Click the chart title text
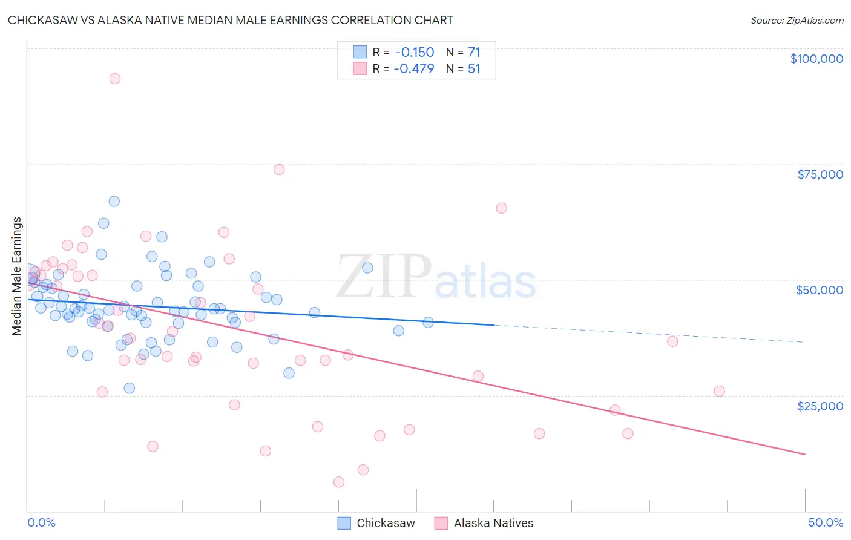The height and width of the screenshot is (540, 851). pos(230,20)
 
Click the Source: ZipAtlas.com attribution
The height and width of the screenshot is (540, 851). pos(797,20)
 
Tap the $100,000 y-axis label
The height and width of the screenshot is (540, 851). pos(816,59)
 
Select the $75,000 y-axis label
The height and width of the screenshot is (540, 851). pos(820,174)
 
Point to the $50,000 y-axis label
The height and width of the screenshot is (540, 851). pos(820,290)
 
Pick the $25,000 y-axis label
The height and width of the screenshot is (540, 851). pos(820,406)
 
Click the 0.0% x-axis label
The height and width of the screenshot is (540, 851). pos(41,522)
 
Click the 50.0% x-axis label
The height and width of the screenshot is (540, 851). pos(826,522)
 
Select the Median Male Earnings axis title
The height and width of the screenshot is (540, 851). pos(16,275)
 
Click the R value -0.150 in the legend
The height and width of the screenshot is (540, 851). pos(414,52)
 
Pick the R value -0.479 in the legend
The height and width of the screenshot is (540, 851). pos(414,68)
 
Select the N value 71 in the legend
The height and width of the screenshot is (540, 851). pos(474,52)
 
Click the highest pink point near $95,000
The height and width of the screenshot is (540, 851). pos(114,79)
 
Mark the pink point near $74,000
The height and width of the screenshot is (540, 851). pos(279,170)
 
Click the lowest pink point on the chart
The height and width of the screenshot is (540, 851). pos(339,482)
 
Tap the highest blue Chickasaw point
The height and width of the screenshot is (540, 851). pos(114,202)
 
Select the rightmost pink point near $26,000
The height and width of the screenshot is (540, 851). pos(719,391)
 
